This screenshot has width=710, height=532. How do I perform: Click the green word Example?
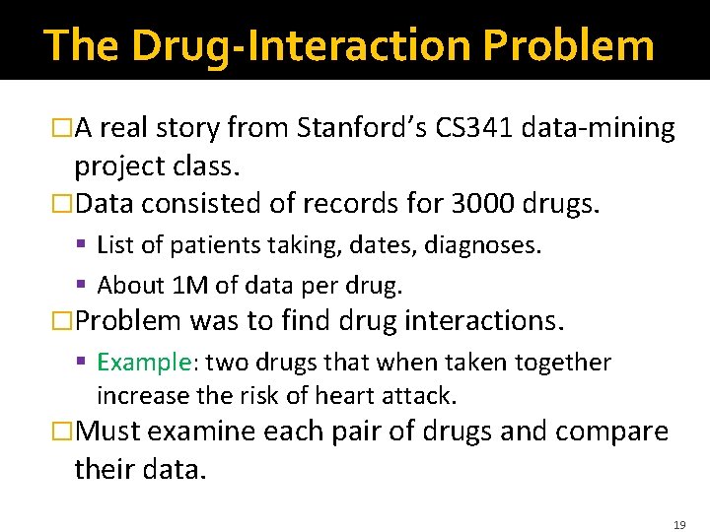tap(143, 363)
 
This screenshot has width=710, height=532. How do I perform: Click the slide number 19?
tap(679, 526)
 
